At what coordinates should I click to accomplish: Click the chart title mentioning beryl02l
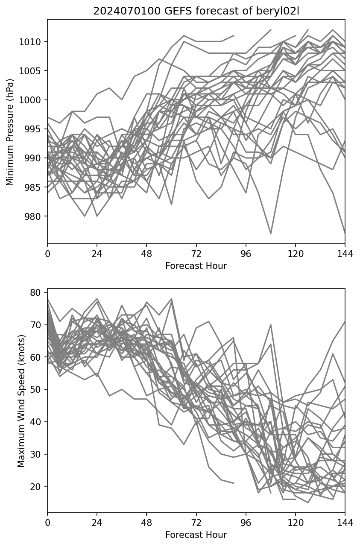click(x=196, y=12)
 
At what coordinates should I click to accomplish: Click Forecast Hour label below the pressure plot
click(x=196, y=266)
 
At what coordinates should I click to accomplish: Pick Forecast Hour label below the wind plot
click(x=196, y=535)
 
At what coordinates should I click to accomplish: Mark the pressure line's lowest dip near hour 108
click(x=271, y=234)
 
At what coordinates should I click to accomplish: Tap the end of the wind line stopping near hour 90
click(x=234, y=483)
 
